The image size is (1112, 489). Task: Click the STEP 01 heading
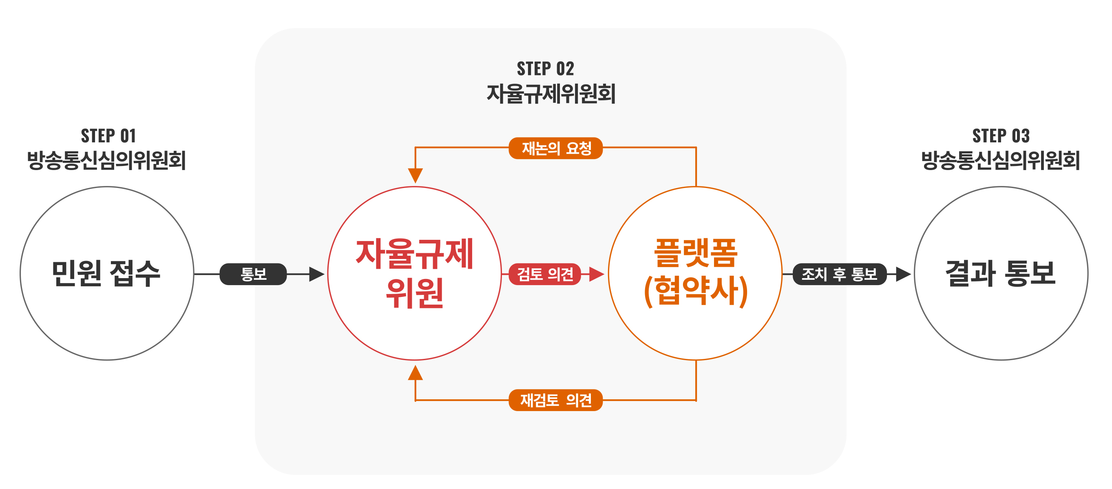(x=108, y=136)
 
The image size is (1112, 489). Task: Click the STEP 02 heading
(x=545, y=69)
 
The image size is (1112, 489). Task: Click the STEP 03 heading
(x=1001, y=136)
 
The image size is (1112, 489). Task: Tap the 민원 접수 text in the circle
(x=106, y=273)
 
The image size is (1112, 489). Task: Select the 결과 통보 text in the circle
(x=1001, y=273)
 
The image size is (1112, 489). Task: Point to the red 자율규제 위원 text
(x=414, y=273)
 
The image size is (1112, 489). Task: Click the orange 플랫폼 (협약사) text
(x=695, y=272)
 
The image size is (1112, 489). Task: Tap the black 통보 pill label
(x=253, y=274)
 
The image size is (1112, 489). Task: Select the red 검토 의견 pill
(x=545, y=274)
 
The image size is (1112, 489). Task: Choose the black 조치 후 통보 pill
(x=840, y=274)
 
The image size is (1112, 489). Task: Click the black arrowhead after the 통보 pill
(x=316, y=274)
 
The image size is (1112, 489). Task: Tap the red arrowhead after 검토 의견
(x=596, y=274)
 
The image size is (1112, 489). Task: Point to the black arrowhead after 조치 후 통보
(x=903, y=274)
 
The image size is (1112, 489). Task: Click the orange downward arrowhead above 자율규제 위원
(x=415, y=175)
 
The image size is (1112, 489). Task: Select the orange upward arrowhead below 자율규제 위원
(x=415, y=373)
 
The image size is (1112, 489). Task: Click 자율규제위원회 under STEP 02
(x=551, y=94)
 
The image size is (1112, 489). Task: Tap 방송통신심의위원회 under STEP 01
(x=106, y=161)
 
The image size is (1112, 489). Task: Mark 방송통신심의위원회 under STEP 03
(x=1001, y=161)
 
